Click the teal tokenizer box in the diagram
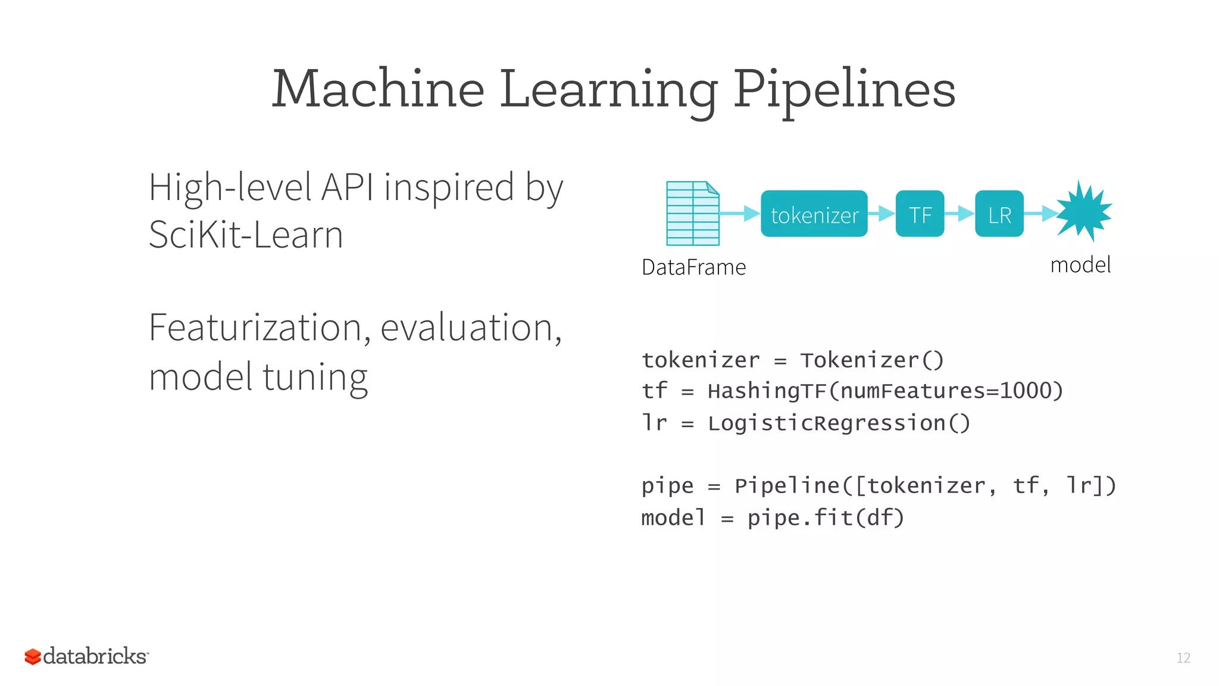coord(814,214)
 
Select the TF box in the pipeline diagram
coord(920,214)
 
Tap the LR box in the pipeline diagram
coord(999,214)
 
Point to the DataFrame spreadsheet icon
coord(692,214)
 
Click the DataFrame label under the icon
coord(693,267)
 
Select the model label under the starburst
coord(1080,265)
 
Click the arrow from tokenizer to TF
coord(882,213)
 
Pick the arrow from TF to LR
coord(959,213)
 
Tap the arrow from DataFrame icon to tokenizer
coord(740,213)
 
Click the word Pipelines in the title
coord(844,89)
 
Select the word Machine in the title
coord(378,89)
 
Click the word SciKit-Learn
coord(246,235)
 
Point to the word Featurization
coord(256,328)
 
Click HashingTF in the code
coord(766,391)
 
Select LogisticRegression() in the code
coord(839,423)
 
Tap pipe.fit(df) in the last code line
coord(826,518)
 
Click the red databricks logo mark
coord(33,657)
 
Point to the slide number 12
coord(1183,658)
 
